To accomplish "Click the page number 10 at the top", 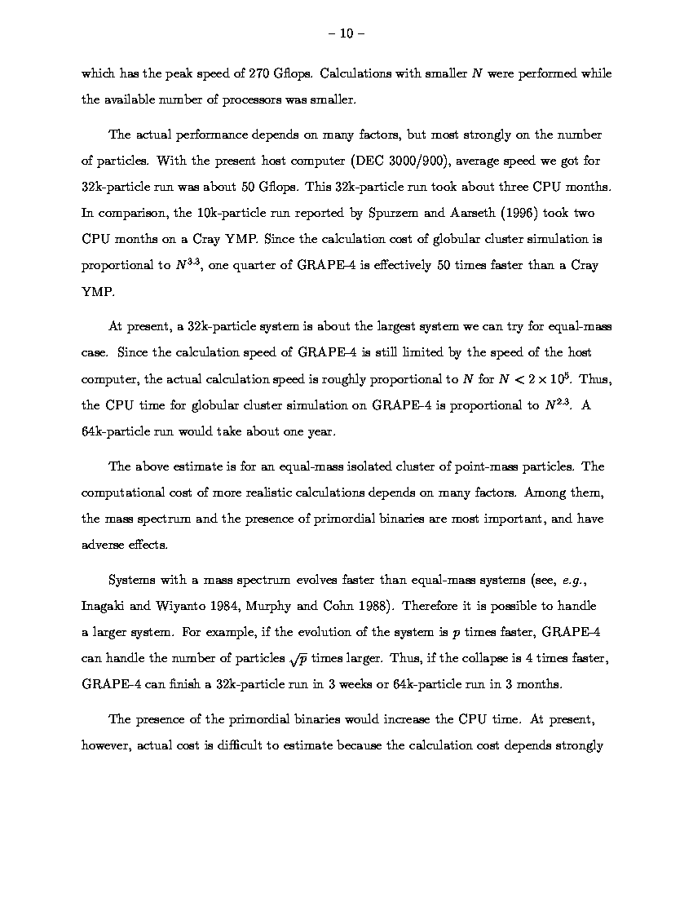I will (346, 33).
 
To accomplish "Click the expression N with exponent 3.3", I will (186, 265).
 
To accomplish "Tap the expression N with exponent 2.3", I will (555, 405).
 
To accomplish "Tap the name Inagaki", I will (105, 607).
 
